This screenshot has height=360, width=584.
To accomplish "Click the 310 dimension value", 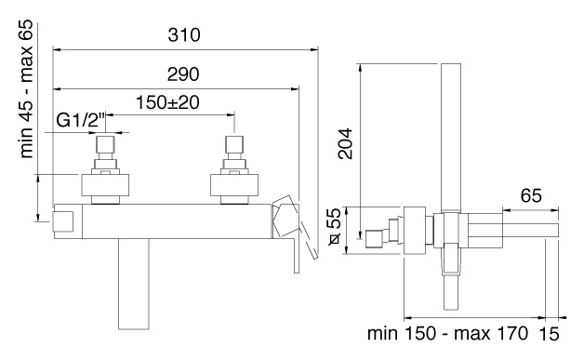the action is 184,35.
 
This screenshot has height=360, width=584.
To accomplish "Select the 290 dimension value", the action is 183,74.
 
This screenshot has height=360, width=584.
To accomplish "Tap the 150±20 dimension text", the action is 167,102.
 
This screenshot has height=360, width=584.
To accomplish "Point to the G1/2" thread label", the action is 81,120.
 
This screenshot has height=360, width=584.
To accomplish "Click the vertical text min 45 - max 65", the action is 27,90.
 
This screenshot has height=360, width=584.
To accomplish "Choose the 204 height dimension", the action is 345,144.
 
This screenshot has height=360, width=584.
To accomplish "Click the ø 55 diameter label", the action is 335,227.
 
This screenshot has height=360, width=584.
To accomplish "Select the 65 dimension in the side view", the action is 531,195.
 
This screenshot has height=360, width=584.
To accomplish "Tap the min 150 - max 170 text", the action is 447,333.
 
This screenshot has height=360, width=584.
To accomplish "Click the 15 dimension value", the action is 549,334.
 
